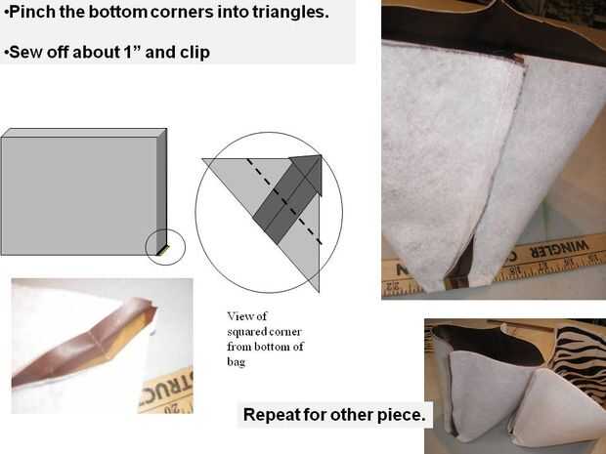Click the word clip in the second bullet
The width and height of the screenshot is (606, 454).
click(x=195, y=52)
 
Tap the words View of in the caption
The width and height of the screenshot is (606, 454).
click(x=246, y=316)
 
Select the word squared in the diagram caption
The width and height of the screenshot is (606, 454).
click(x=244, y=332)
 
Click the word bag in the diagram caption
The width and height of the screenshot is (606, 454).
click(x=237, y=361)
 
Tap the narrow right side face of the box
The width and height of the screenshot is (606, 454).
click(x=161, y=192)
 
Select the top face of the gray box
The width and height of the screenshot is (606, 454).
click(x=84, y=133)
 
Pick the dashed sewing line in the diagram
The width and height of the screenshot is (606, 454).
click(x=284, y=201)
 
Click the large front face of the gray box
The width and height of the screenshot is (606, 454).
click(x=79, y=196)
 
